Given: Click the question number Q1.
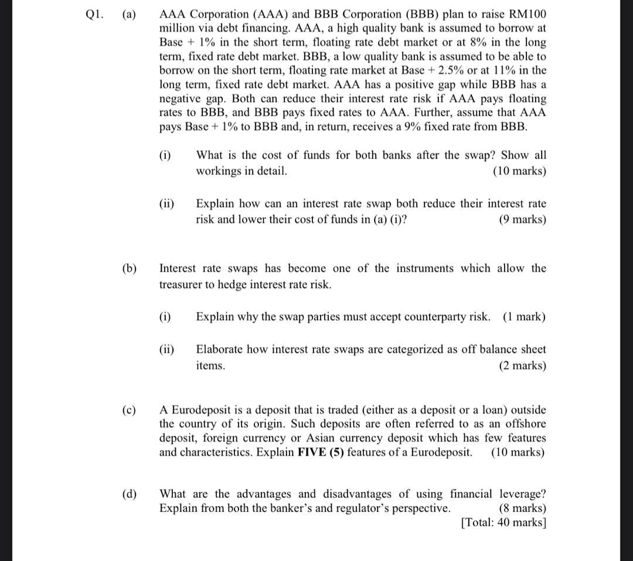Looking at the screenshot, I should coord(93,14).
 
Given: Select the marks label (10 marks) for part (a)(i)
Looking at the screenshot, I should coord(519,171).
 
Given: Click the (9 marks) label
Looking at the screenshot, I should coord(522,220).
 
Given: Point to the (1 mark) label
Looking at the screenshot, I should coord(523,317).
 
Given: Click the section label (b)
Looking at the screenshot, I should coord(129,268).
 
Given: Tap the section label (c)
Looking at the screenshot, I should coord(128,410).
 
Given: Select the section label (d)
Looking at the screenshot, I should coord(129,494).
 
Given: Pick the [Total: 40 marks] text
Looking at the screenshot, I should coord(503,522).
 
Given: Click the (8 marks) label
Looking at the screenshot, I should coord(522,508).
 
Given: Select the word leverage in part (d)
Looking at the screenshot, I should coord(522,494).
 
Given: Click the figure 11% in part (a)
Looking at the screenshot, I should coord(496,71).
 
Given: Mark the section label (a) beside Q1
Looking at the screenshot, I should coord(128,14).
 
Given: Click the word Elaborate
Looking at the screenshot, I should coord(219,350).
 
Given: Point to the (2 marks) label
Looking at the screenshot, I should coord(522,366).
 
